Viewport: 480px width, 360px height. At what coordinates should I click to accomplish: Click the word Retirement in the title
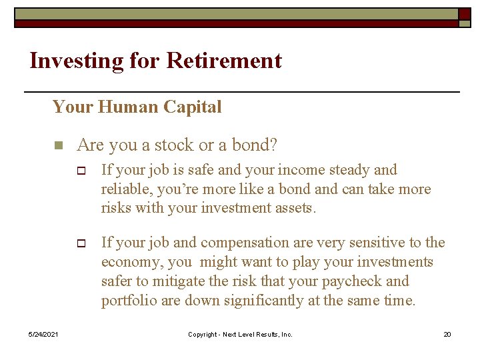tap(224, 61)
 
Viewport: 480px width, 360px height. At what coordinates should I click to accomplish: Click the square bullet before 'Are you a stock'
tap(58, 145)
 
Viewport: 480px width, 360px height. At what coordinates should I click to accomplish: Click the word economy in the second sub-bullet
tap(129, 262)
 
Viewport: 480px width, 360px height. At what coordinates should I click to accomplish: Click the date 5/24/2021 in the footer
tap(43, 334)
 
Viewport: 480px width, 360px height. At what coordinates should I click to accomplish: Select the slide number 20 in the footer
tap(447, 334)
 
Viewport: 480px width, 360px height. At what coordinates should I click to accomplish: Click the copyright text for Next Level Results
tap(240, 334)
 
